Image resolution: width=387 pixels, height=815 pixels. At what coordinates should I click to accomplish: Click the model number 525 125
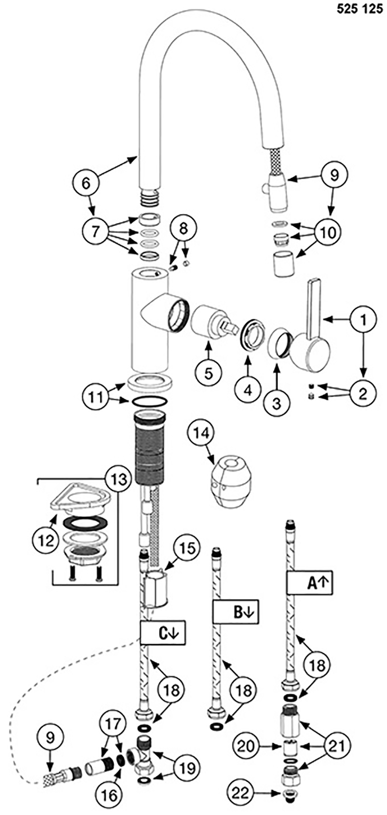pos(360,9)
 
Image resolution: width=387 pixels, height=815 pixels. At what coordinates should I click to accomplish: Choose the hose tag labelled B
pos(235,612)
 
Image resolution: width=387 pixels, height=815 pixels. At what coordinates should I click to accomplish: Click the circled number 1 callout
pos(363,320)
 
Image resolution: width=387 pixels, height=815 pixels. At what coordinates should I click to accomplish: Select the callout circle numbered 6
pos(86,183)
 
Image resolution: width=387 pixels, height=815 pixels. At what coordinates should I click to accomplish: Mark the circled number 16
pos(109,795)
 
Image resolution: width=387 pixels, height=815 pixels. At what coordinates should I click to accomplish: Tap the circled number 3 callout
pos(276,403)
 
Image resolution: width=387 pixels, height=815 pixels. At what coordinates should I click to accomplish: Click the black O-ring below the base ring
pos(149,402)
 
